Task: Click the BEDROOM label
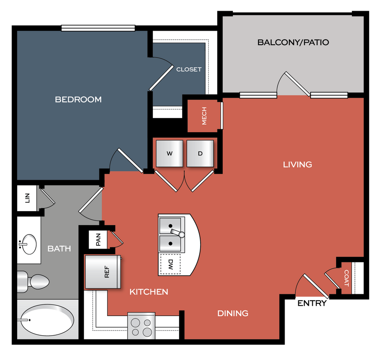tap(78, 99)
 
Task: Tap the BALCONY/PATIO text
tap(293, 42)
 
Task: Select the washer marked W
tap(169, 153)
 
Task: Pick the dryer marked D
tap(200, 153)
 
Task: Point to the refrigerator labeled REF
tap(102, 272)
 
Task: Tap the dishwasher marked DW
tap(170, 264)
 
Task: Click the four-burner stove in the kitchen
tap(141, 326)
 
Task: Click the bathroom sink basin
tap(29, 244)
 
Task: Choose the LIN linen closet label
tap(27, 197)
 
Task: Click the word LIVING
tap(297, 164)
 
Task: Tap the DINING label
tap(233, 313)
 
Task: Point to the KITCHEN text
tap(148, 292)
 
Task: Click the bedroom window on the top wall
tap(98, 28)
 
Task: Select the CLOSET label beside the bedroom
tap(189, 69)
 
